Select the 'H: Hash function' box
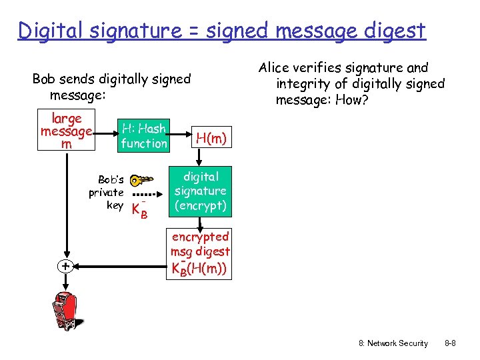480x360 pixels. [144, 135]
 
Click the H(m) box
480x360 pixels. [211, 139]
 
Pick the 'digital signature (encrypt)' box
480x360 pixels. [201, 191]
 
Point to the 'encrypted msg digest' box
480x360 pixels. [200, 253]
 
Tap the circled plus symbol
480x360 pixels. [65, 267]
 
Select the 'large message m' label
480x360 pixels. [66, 131]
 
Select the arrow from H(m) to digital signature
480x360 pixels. [199, 157]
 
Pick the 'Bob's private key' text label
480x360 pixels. [106, 193]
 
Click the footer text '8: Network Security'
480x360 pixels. [393, 343]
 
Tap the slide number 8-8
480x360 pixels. [450, 343]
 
